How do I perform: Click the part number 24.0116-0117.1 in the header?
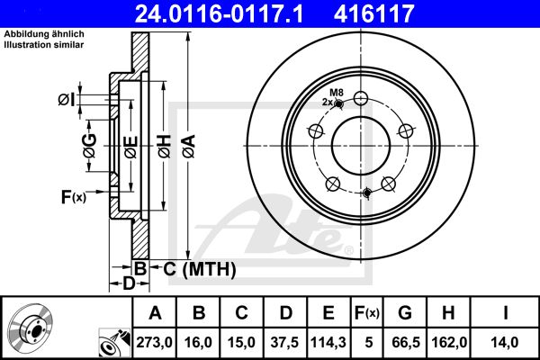coord(219,13)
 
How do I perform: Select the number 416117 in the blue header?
coord(374,13)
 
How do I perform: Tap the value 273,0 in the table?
coord(154,342)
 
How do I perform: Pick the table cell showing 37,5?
coord(284,342)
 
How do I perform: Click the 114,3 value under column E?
coord(328,342)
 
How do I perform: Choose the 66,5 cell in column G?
coord(406,342)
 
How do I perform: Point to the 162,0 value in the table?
coord(449,342)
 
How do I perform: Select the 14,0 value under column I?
coord(504,342)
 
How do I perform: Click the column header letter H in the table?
coord(448,313)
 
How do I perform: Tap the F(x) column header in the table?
coord(367,313)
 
